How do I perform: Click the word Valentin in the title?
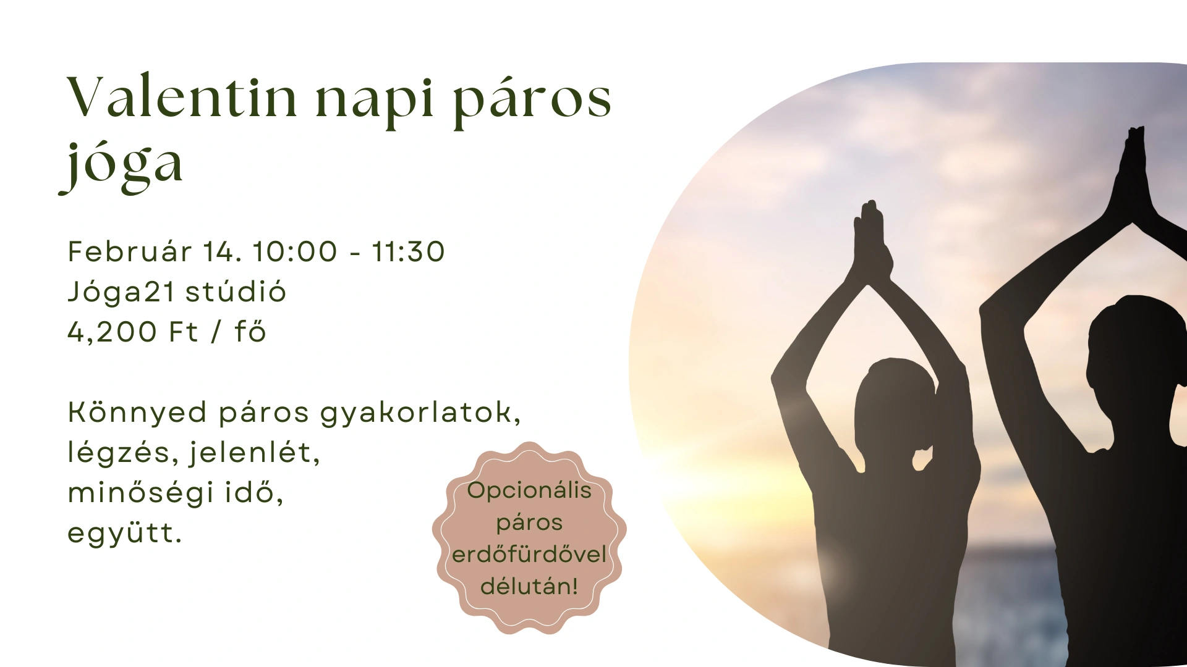tap(182, 97)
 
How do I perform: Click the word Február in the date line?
tap(129, 251)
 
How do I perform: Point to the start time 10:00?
tap(295, 252)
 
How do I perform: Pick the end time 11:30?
tap(408, 252)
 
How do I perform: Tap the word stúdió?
tap(236, 292)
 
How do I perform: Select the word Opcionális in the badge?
tap(529, 491)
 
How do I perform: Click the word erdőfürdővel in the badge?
tap(529, 555)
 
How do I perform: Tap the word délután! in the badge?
tap(529, 587)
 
